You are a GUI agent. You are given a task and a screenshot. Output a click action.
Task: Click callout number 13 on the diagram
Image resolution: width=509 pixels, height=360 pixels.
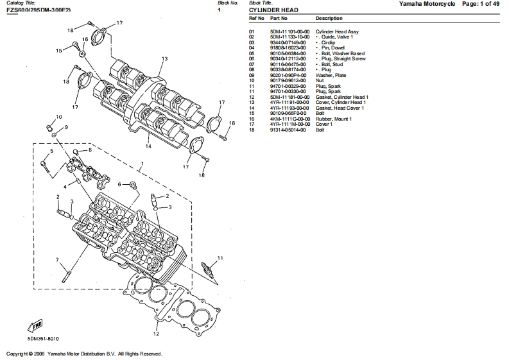[164, 58]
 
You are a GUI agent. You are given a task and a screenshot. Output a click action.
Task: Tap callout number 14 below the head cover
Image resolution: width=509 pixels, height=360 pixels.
[148, 146]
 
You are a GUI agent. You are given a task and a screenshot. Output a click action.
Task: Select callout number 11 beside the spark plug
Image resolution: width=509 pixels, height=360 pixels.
[220, 258]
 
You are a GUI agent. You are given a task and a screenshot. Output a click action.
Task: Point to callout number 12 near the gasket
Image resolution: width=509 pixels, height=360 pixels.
[156, 334]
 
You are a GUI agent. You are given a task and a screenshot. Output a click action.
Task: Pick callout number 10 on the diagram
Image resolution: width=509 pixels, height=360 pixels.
[58, 117]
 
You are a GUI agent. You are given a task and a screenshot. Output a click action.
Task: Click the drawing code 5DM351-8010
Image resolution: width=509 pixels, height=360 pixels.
[41, 338]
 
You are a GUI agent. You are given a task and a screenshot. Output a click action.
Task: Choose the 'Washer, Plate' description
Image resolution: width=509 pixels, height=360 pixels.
[329, 74]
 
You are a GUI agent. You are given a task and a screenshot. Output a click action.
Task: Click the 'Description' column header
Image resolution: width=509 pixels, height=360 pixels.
[329, 19]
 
